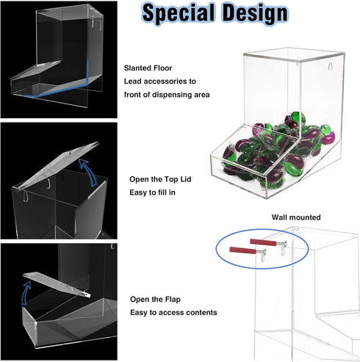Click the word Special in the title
tap(179, 14)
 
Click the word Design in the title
tap(255, 12)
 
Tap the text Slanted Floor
tap(148, 68)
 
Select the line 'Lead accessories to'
tap(160, 82)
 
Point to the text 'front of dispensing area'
tap(167, 95)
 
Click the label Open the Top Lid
tap(160, 179)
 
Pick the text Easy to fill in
tap(152, 192)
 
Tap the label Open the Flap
tap(155, 300)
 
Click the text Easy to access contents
tap(173, 313)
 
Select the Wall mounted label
tap(296, 217)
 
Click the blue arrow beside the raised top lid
tap(90, 172)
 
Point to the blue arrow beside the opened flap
tap(26, 292)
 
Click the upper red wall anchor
tap(263, 242)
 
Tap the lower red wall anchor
tap(242, 250)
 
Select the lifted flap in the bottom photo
tap(57, 284)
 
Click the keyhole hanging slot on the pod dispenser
tap(330, 67)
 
